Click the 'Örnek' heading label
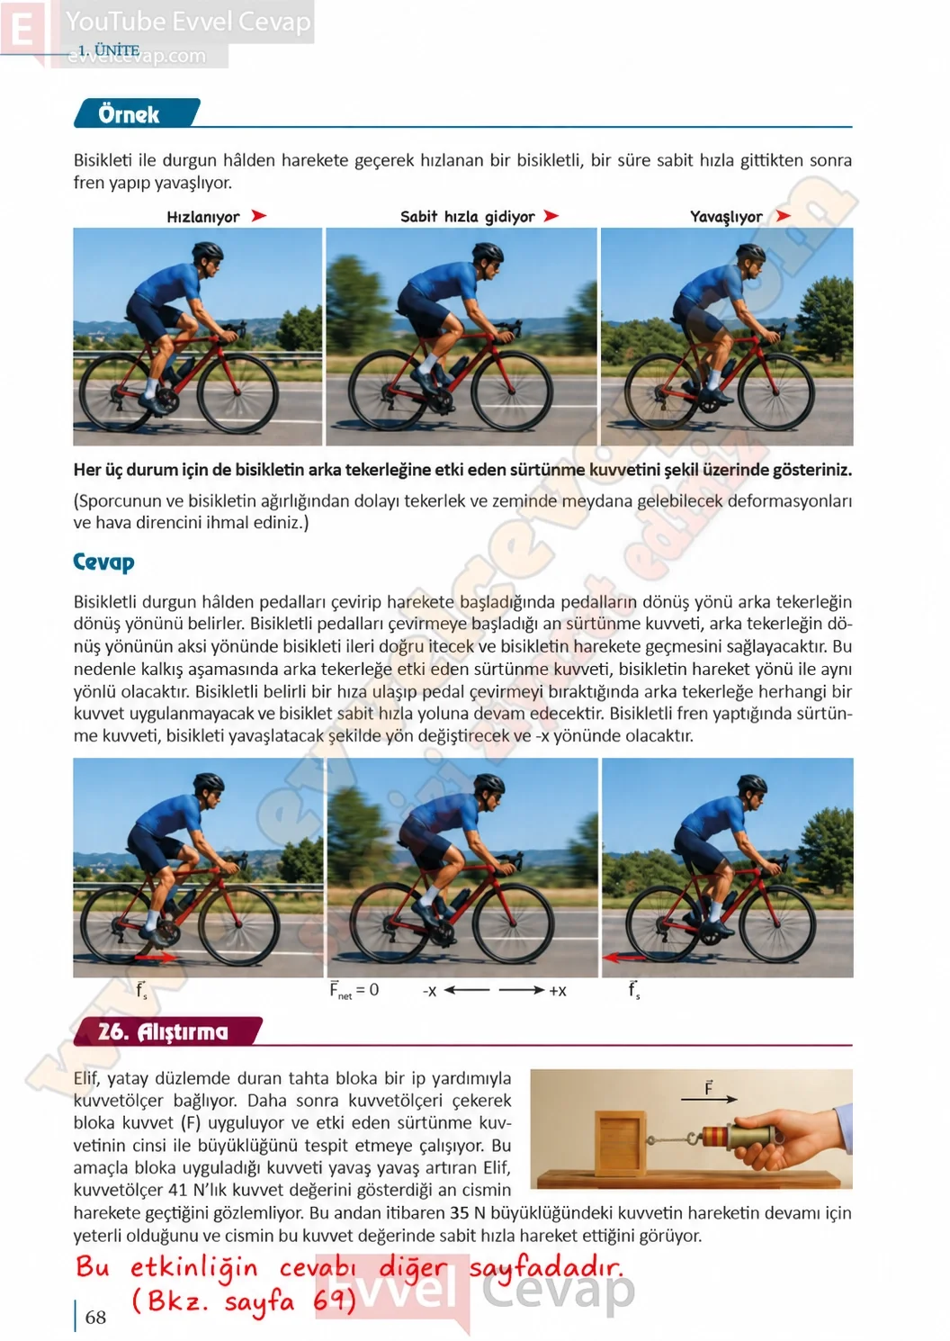coord(129,113)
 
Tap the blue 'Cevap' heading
coord(103,562)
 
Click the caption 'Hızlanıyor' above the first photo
coord(202,217)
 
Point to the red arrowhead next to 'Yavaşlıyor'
coord(783,216)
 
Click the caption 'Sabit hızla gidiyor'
coord(467,217)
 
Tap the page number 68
coord(95,1317)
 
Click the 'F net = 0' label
coord(354,990)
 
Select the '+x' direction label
coord(558,991)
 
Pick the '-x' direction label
coord(429,991)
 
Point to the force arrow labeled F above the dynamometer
coord(709,1099)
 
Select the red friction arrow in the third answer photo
coord(623,958)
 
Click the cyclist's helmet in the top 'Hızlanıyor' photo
coord(207,250)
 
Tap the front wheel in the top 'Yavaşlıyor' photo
coord(776,391)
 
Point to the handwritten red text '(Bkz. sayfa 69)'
coord(243,1300)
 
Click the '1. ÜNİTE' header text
coord(109,50)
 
